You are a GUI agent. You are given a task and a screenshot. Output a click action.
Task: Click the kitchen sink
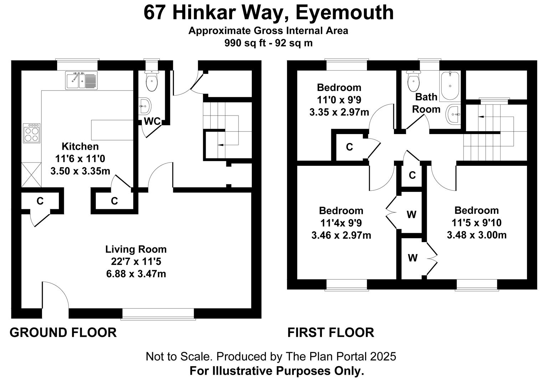click(81, 80)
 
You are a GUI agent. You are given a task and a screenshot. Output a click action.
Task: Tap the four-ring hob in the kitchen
click(32, 133)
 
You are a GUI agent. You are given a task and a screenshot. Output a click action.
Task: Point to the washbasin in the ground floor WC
click(145, 106)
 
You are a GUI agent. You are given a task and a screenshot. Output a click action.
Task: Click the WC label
click(153, 121)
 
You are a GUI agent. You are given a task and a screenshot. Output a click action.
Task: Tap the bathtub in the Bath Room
click(450, 86)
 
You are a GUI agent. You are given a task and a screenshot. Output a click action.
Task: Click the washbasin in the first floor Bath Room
click(454, 114)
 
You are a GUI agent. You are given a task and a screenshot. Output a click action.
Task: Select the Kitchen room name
click(80, 147)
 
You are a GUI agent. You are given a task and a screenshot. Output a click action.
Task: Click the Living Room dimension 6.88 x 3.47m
click(136, 274)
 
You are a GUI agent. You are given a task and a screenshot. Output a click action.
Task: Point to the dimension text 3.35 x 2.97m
click(339, 112)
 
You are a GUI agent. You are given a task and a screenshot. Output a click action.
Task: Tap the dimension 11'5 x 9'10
click(477, 222)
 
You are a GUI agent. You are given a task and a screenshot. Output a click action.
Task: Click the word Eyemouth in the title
click(344, 12)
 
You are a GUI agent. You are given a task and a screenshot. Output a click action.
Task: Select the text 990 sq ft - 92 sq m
click(268, 43)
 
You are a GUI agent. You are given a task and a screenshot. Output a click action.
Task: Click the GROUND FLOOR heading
click(63, 332)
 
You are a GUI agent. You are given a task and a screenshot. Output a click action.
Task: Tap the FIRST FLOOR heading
click(331, 332)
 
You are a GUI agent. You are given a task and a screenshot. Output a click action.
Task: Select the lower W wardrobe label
click(413, 258)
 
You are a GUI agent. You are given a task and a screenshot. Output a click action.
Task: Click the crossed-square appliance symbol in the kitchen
click(31, 175)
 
